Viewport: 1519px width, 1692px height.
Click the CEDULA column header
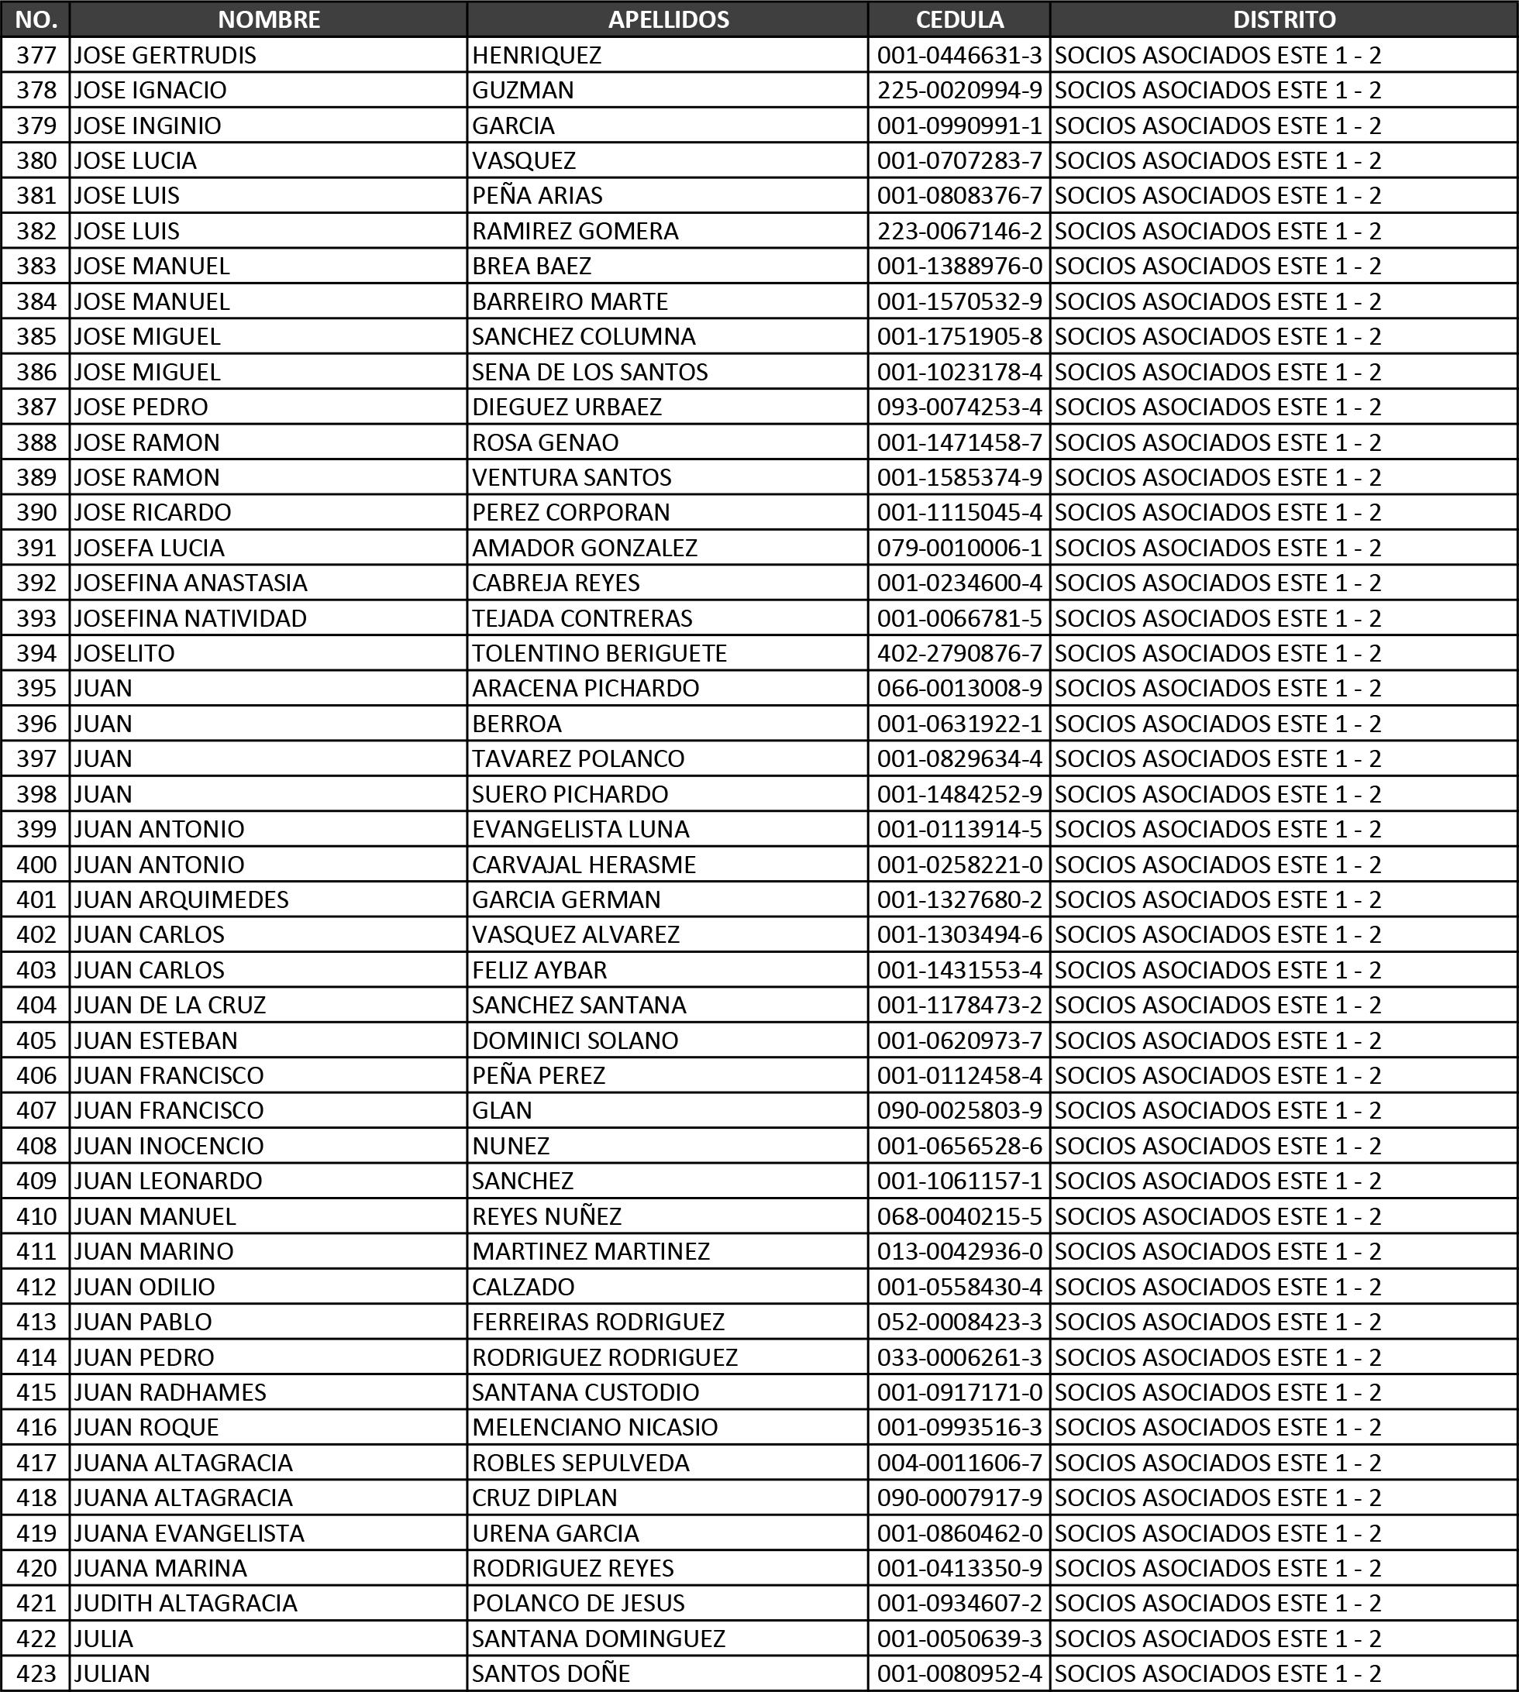pyautogui.click(x=959, y=19)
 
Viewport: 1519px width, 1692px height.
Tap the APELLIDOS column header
pyautogui.click(x=668, y=19)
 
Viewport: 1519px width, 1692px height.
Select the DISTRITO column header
pyautogui.click(x=1283, y=19)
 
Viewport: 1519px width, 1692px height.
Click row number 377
pyautogui.click(x=36, y=55)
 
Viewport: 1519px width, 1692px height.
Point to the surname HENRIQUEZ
pyautogui.click(x=536, y=55)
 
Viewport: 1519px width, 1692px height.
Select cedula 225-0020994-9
pyautogui.click(x=959, y=90)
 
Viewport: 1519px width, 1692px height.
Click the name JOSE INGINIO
pyautogui.click(x=148, y=126)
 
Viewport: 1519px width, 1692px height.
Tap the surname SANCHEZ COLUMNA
pyautogui.click(x=584, y=336)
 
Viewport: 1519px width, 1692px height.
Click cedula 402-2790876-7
pyautogui.click(x=959, y=653)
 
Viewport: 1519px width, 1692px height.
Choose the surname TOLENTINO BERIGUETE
pyautogui.click(x=599, y=653)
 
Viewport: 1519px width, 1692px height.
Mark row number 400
pyautogui.click(x=36, y=865)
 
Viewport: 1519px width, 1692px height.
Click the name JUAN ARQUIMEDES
pyautogui.click(x=181, y=899)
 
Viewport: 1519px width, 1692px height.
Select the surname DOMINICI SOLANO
pyautogui.click(x=575, y=1040)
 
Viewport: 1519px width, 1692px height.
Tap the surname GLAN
pyautogui.click(x=501, y=1110)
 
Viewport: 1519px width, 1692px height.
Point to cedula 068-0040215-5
pyautogui.click(x=959, y=1216)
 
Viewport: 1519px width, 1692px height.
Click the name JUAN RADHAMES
pyautogui.click(x=170, y=1392)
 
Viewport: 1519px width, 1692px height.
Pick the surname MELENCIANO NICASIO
pyautogui.click(x=594, y=1428)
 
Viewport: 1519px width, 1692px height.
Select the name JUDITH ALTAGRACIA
pyautogui.click(x=185, y=1604)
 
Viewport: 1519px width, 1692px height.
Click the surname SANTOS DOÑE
pyautogui.click(x=551, y=1673)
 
